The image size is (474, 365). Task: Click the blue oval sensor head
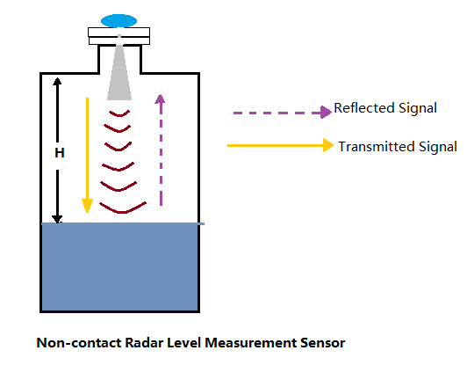point(118,21)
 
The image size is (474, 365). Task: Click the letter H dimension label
point(60,153)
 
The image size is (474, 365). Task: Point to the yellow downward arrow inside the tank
point(88,155)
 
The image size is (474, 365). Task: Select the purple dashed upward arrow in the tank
point(161,150)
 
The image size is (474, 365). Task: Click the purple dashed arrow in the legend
point(283,113)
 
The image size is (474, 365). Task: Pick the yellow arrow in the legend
point(280,145)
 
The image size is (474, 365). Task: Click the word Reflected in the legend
point(364,108)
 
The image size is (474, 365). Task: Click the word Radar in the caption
point(144,343)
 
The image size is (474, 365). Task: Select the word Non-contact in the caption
point(79,343)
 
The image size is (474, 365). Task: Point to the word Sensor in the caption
point(322,343)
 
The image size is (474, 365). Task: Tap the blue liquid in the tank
point(120,267)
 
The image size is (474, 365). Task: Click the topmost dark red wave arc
point(119,113)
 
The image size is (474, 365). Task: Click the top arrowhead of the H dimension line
point(57,81)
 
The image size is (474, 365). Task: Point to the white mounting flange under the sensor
point(119,36)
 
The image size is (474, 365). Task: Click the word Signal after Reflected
point(418,108)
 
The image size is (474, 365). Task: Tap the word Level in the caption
point(183,343)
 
